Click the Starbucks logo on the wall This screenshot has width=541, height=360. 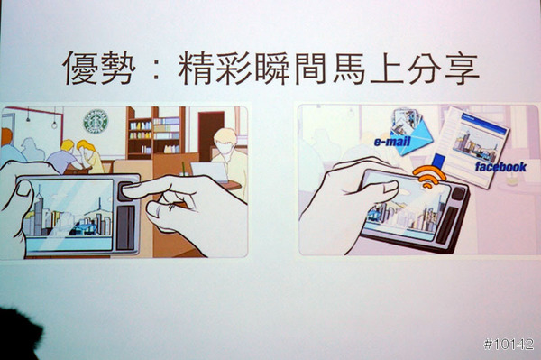[x=96, y=121]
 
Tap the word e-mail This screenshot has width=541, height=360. [x=392, y=142]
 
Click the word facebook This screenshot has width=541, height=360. [x=500, y=167]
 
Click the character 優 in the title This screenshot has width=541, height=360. [x=80, y=68]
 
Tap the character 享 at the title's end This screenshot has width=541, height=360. [x=462, y=68]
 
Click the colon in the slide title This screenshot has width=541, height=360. [x=156, y=69]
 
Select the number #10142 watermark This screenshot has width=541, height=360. [x=509, y=344]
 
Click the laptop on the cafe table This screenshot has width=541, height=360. [x=209, y=171]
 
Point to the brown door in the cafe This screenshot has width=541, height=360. [x=211, y=134]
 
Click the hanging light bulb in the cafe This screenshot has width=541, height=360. [x=54, y=125]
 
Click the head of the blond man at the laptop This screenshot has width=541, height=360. [x=225, y=142]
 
